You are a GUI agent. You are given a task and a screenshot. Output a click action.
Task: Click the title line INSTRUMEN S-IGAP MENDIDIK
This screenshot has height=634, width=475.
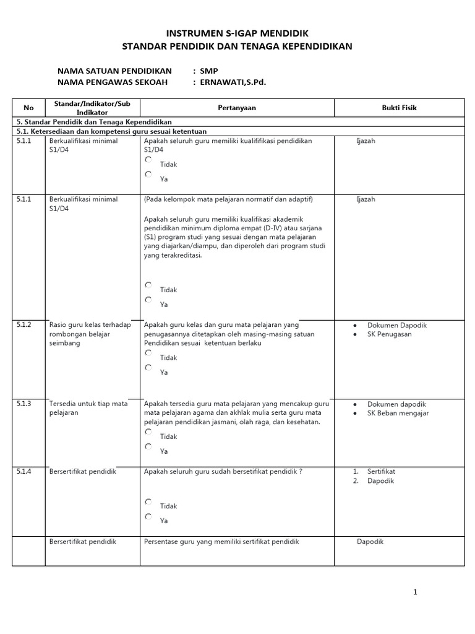[237, 33]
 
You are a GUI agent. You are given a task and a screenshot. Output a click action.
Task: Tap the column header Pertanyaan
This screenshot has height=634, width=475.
[236, 108]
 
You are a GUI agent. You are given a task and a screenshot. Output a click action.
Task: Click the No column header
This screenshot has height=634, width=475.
[30, 108]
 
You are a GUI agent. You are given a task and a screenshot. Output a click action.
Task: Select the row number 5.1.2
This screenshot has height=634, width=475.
[24, 325]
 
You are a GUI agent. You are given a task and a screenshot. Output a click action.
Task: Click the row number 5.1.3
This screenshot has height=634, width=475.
[24, 404]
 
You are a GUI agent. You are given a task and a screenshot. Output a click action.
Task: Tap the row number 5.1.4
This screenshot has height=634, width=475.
[24, 472]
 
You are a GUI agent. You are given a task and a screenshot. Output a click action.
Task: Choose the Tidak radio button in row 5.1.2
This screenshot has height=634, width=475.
[148, 353]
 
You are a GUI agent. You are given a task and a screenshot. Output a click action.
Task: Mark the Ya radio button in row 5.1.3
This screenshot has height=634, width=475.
[148, 446]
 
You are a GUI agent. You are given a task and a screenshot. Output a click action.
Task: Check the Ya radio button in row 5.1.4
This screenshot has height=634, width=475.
[148, 516]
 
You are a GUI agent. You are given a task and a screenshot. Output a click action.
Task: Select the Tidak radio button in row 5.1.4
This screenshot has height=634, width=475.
[148, 502]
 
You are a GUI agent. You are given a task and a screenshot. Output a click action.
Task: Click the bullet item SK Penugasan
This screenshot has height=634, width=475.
[389, 334]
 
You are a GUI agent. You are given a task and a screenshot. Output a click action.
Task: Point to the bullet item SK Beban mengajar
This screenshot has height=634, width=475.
[398, 413]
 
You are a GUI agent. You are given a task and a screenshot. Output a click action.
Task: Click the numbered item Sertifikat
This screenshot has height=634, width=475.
[381, 472]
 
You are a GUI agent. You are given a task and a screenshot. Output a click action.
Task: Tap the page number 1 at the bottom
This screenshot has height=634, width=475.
[415, 593]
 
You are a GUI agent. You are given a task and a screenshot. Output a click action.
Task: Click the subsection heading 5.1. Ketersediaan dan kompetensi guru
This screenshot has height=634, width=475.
[111, 131]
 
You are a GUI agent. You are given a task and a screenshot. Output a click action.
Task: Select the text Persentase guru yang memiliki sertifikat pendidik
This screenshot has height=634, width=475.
[221, 542]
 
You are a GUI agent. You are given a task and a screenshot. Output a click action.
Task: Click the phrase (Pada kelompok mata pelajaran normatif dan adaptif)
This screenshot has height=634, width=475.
[228, 199]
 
